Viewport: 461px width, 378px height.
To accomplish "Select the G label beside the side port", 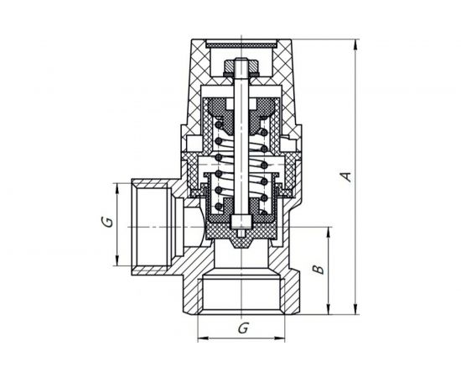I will click(106, 222).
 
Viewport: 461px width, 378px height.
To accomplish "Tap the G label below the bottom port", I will click(242, 329).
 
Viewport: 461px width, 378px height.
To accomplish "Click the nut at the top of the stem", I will click(242, 66).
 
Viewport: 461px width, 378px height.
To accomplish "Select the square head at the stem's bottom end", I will click(242, 222).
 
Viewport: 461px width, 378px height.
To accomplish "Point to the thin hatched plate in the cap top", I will click(242, 40).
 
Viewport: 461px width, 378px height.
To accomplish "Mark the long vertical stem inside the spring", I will click(242, 143).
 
